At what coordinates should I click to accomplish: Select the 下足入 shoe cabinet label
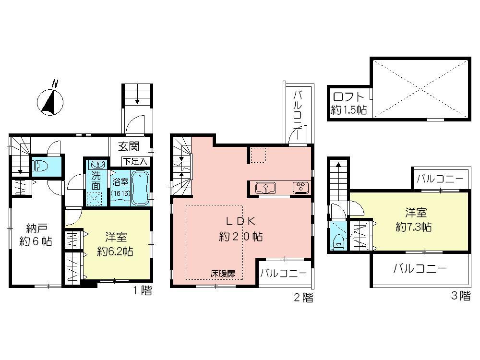click(x=137, y=162)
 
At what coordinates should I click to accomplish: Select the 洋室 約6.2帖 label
click(x=115, y=243)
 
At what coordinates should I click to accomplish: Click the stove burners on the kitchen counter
click(x=300, y=187)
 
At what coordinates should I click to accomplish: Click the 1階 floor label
click(x=143, y=290)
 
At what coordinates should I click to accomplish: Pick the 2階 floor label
click(x=303, y=298)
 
